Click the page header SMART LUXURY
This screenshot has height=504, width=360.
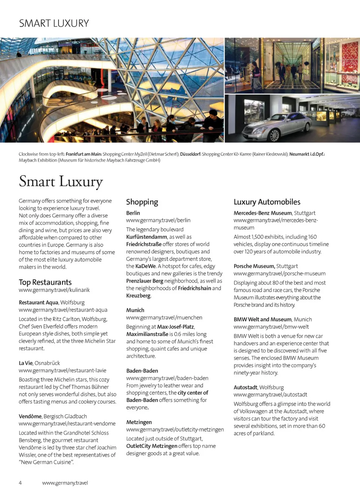[x=54, y=23]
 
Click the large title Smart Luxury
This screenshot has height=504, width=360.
[x=61, y=181]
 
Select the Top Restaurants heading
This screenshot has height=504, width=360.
[x=45, y=282]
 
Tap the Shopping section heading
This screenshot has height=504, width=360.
[x=142, y=202]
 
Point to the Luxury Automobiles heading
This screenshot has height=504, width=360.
[x=267, y=202]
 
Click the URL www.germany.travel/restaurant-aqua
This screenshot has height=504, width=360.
[x=63, y=310]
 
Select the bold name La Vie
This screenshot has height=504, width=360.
[x=25, y=363]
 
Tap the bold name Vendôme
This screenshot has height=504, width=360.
[x=30, y=416]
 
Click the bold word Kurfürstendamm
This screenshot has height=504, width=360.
[x=147, y=237]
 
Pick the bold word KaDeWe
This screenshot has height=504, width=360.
[x=145, y=266]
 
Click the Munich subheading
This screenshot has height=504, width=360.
[x=135, y=310]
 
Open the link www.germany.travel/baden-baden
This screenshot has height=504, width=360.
[x=167, y=378]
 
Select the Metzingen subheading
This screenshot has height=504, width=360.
[x=139, y=422]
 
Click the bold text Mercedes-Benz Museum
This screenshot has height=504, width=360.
[x=262, y=213]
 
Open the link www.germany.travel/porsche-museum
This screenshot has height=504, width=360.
[x=279, y=273]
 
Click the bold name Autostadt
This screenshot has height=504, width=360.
[x=245, y=387]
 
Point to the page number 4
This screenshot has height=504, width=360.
[x=20, y=483]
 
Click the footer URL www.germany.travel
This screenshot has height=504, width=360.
[x=65, y=483]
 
